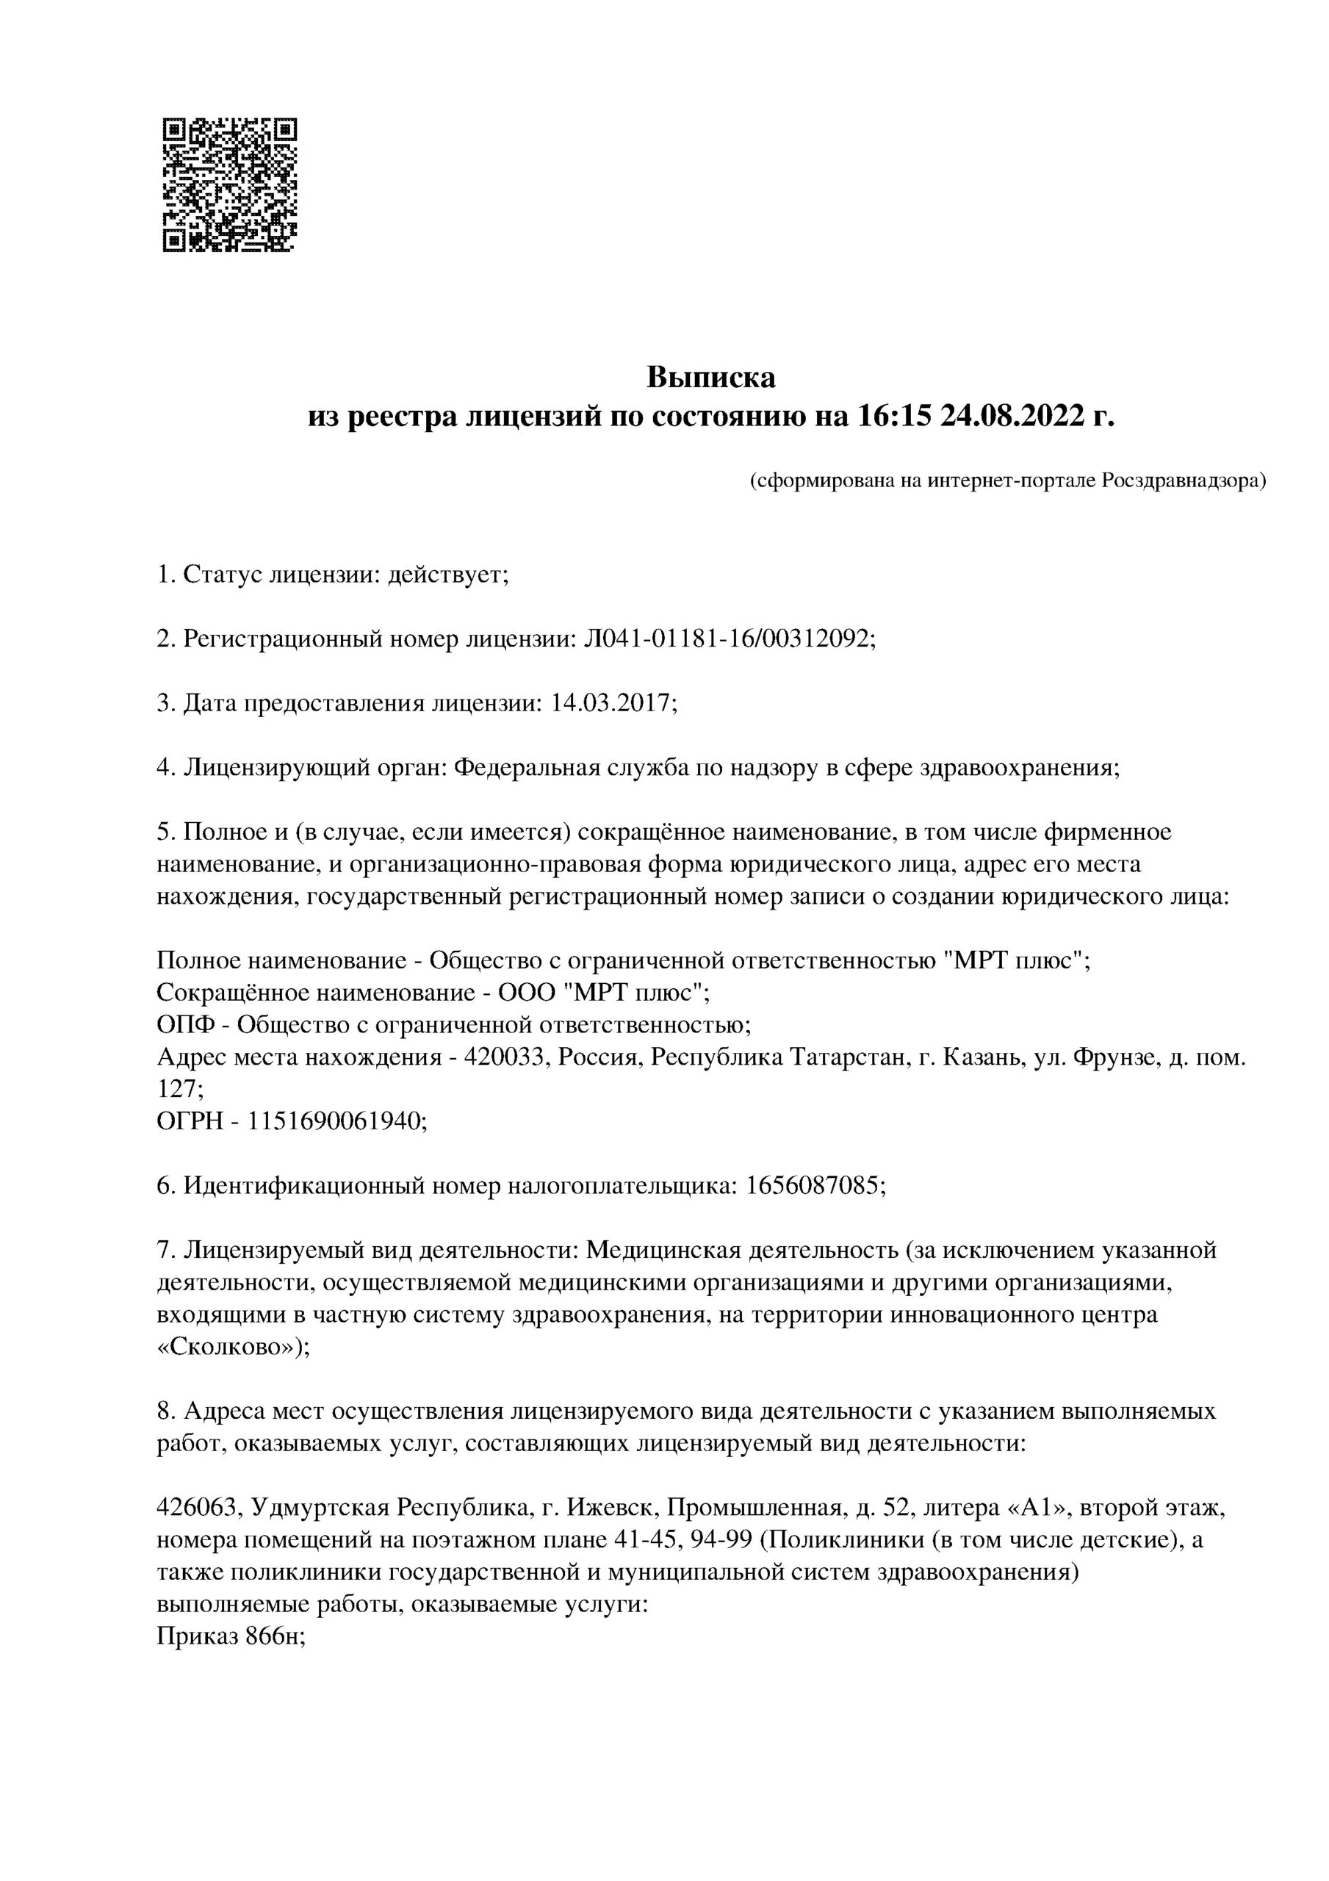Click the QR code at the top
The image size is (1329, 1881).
(229, 184)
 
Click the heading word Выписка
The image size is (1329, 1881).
(710, 378)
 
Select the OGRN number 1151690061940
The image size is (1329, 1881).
(336, 1121)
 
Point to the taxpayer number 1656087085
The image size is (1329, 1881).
(815, 1185)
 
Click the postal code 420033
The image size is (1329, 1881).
(505, 1057)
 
